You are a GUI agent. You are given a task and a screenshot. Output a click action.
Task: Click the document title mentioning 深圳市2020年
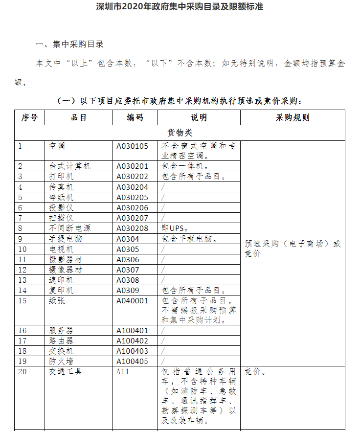[x=180, y=7]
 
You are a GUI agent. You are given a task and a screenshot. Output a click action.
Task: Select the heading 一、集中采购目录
[x=69, y=44]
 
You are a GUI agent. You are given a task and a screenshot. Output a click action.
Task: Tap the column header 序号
[x=29, y=117]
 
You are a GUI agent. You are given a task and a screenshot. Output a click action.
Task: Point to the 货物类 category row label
[x=180, y=132]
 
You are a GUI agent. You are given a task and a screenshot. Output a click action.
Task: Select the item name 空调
[x=57, y=146]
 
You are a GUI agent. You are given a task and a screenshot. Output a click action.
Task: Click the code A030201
[x=132, y=166]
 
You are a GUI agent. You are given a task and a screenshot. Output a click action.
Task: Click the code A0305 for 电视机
[x=128, y=249]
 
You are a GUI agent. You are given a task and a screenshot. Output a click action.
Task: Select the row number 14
[x=22, y=290]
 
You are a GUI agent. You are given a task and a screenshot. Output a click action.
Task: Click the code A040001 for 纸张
[x=132, y=300]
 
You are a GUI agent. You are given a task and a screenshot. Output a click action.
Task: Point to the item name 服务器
[x=61, y=330]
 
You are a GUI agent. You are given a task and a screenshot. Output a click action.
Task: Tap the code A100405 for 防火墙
[x=132, y=361]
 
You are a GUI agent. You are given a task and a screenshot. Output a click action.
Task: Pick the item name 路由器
[x=61, y=340]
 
